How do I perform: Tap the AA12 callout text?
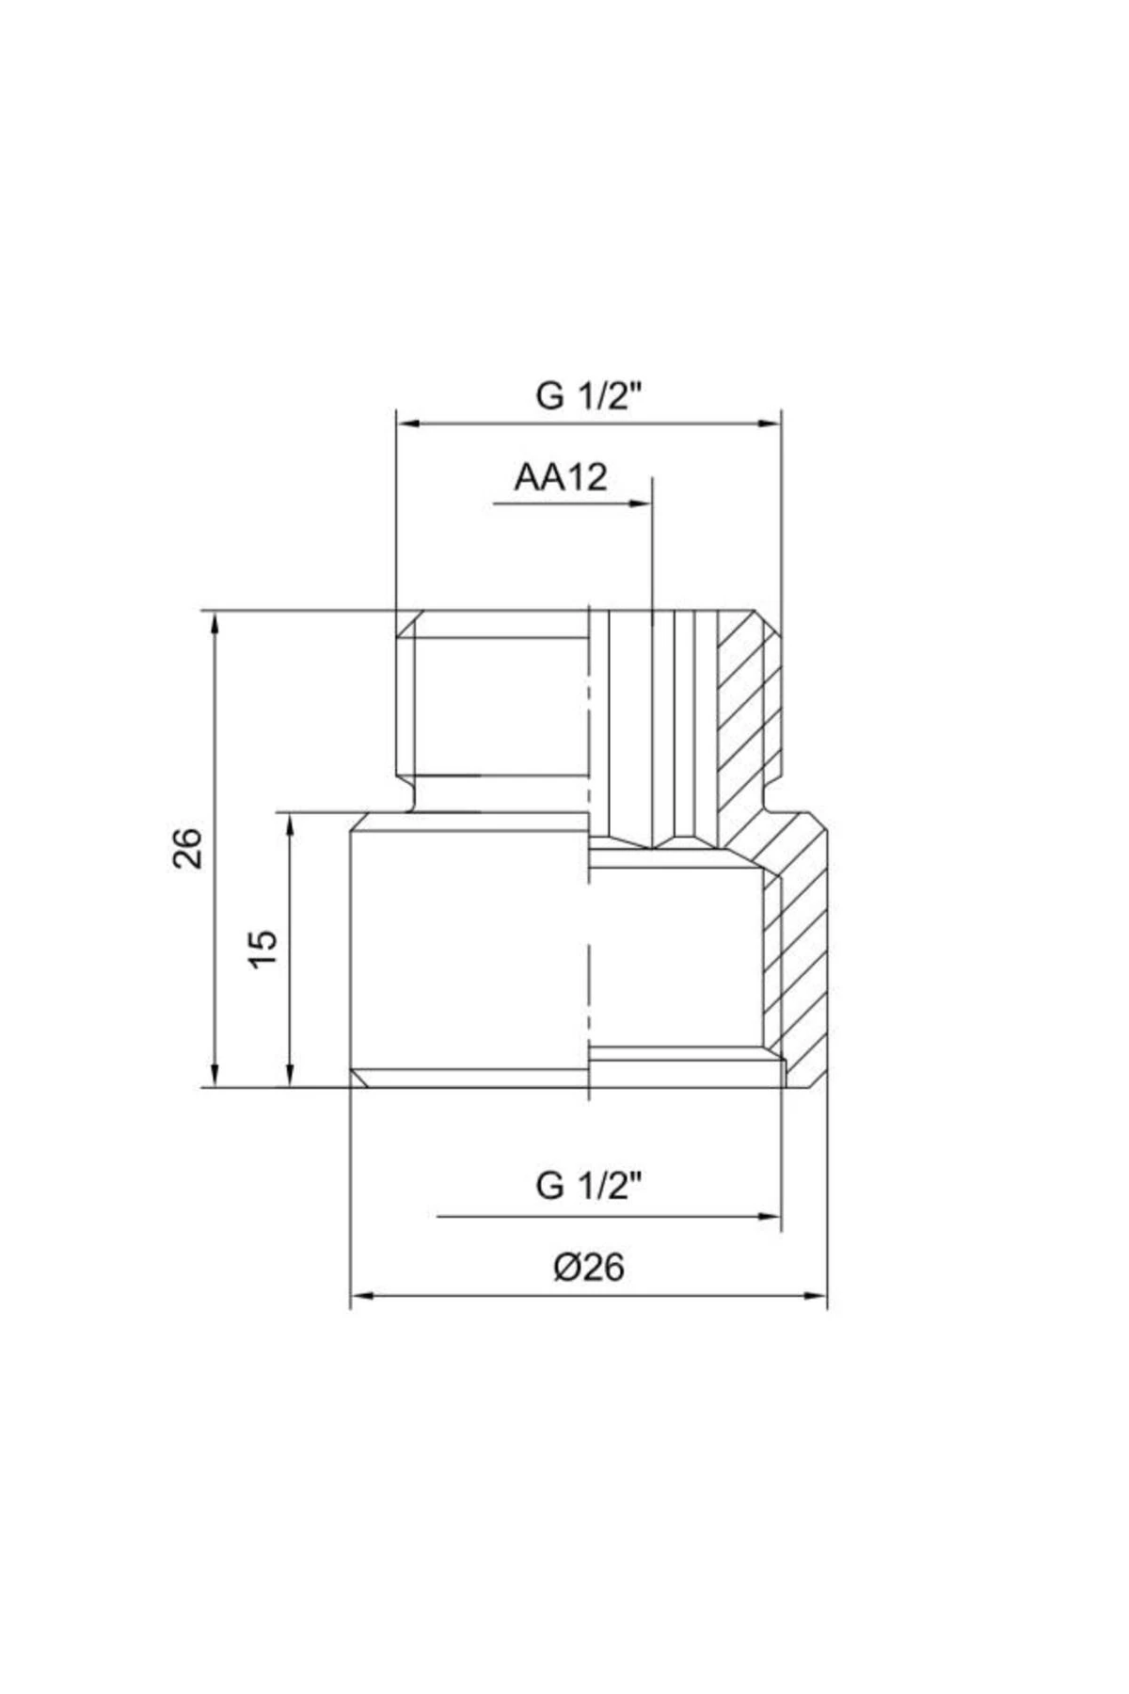(x=561, y=478)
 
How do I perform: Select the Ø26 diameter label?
(x=588, y=1268)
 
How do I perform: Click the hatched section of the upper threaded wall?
(x=748, y=715)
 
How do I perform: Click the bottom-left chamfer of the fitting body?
(x=358, y=1079)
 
